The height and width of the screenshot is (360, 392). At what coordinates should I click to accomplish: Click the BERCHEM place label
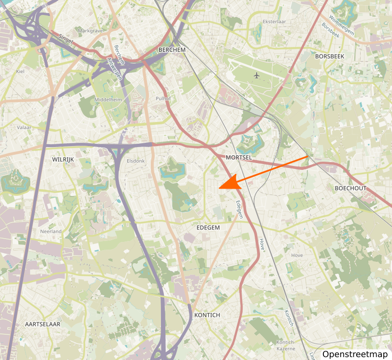[x=172, y=50]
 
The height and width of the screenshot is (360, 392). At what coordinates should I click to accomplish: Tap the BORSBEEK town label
[x=329, y=56]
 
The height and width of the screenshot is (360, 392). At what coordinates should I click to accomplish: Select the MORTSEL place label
[x=239, y=158]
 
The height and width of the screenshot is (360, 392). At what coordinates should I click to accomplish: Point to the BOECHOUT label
[x=350, y=188]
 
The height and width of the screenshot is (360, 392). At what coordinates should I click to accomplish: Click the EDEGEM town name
[x=208, y=227]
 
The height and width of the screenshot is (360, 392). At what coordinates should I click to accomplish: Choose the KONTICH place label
[x=207, y=315]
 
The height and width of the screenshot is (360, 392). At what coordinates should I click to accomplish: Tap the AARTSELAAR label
[x=43, y=324]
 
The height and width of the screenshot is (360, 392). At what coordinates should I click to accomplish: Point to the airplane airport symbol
[x=256, y=75]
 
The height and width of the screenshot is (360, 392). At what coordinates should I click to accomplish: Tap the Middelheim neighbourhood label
[x=109, y=99]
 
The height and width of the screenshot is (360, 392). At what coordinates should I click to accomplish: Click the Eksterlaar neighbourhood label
[x=274, y=22]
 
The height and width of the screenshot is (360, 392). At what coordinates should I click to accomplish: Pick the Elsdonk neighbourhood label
[x=135, y=161]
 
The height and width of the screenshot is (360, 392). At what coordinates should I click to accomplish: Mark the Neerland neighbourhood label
[x=51, y=232]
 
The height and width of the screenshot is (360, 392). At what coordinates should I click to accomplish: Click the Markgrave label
[x=90, y=31]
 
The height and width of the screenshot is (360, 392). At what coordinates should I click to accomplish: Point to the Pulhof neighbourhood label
[x=163, y=98]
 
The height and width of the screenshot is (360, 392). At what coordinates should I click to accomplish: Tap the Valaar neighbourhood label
[x=24, y=128]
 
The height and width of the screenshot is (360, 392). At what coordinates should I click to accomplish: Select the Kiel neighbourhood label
[x=20, y=71]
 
